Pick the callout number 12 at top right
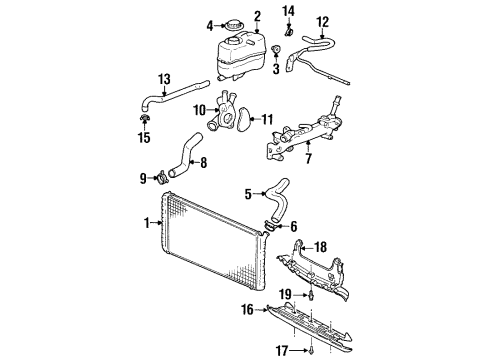pos(322,20)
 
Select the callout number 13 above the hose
pos(164,76)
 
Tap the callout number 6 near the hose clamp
pos(292,227)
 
